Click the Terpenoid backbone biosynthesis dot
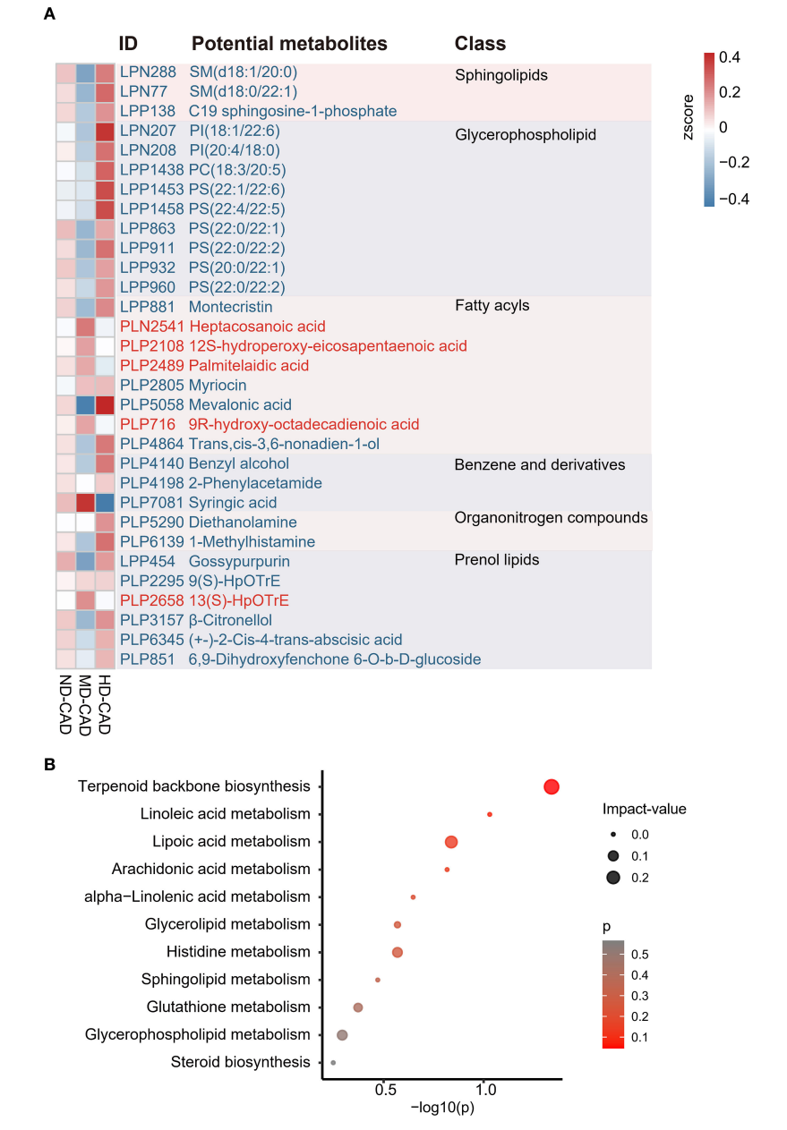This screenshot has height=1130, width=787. click(551, 787)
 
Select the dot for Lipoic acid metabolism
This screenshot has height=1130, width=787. click(451, 842)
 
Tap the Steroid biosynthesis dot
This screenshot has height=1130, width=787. click(333, 1063)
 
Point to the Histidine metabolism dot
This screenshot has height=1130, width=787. click(398, 952)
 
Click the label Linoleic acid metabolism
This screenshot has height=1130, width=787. click(225, 814)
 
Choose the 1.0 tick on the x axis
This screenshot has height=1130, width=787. click(486, 1092)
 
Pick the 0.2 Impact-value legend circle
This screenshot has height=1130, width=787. click(613, 877)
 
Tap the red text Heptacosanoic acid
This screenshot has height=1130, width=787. click(257, 327)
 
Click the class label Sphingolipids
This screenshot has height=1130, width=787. click(500, 75)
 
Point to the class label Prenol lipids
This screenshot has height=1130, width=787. click(497, 560)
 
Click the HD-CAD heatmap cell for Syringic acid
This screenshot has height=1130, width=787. click(106, 503)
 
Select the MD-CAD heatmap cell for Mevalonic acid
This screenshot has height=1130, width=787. click(85, 404)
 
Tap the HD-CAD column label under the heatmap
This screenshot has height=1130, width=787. click(104, 703)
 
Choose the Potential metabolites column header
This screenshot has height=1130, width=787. click(289, 44)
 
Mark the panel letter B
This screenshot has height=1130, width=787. click(50, 765)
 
